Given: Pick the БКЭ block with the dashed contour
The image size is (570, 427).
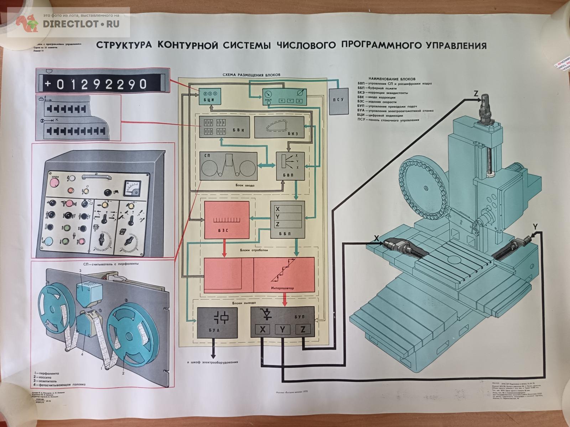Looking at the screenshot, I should point(278,127).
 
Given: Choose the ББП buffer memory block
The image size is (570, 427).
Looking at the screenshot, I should point(287,219).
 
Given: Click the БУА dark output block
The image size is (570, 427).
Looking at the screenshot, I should point(217,322).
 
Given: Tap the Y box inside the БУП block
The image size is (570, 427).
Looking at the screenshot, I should point(283,330).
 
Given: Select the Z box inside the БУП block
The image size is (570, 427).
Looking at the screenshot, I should point(303,330).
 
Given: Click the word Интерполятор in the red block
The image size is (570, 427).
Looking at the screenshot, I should point(283,289).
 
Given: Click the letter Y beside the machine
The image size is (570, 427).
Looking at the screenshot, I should point(535,226).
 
